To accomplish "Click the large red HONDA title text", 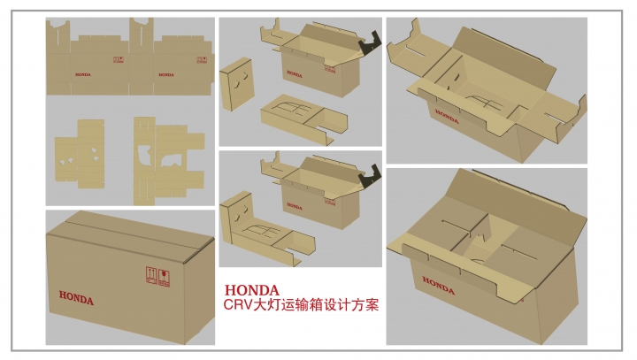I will tap(253, 290).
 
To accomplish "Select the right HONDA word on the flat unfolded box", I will tap(165, 75).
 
